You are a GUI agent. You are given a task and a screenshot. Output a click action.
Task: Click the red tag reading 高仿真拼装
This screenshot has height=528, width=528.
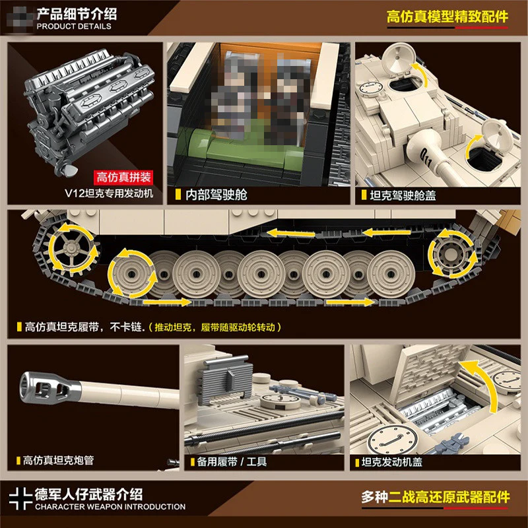point(123,177)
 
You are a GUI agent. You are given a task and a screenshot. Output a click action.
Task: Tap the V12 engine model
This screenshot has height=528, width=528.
point(88,111)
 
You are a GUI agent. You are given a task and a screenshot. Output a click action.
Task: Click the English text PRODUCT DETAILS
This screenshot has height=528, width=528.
point(74,26)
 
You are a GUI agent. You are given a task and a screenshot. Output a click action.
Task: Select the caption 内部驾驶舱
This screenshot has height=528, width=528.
point(216,195)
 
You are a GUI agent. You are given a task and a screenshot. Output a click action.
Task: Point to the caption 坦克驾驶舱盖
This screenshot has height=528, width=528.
point(403,195)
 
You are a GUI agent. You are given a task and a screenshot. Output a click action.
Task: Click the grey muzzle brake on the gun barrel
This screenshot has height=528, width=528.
point(51,387)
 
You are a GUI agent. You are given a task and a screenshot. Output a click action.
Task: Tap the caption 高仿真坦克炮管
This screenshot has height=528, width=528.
point(58,460)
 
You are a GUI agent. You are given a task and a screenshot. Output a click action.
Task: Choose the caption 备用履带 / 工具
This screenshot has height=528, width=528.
point(232,461)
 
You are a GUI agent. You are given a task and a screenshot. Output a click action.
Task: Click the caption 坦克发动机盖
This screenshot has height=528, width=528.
point(392,462)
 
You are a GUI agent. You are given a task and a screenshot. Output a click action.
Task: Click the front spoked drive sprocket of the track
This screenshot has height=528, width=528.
point(71,249)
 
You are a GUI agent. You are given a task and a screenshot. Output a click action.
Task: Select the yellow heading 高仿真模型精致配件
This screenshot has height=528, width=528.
point(447,17)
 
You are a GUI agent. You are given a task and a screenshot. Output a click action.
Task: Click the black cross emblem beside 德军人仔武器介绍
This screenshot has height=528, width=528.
point(20,498)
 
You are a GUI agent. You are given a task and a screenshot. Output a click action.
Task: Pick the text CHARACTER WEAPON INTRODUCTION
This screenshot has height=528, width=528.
point(110,506)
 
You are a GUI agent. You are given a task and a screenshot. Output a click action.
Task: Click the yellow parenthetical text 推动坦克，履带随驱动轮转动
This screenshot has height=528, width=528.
point(215,327)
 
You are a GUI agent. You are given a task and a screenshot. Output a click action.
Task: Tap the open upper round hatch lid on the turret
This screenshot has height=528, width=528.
point(398,60)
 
